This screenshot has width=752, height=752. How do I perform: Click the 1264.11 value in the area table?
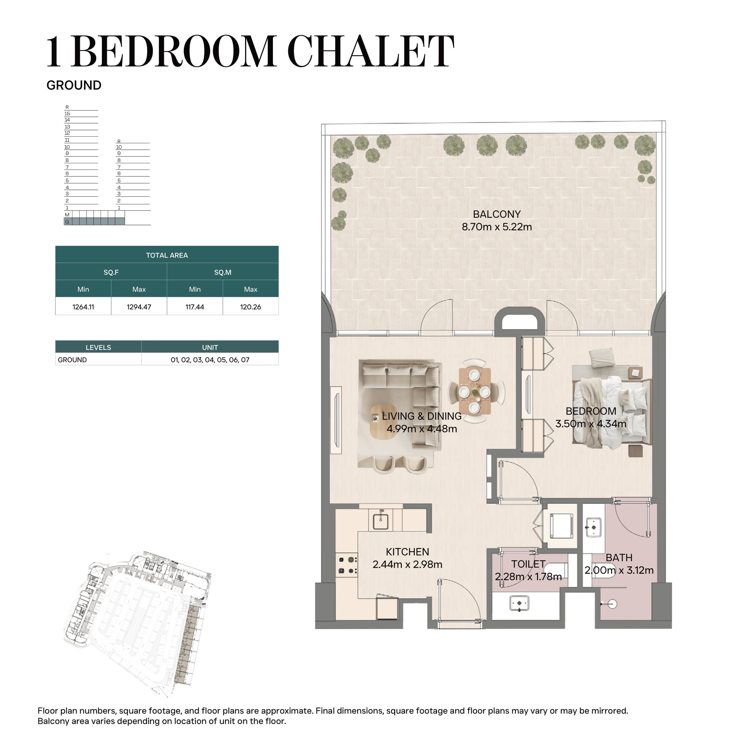pyautogui.click(x=83, y=307)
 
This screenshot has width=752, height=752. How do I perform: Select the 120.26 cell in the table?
pyautogui.click(x=251, y=307)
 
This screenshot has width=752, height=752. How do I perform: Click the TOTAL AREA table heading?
pyautogui.click(x=167, y=255)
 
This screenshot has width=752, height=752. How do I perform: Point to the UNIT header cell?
pyautogui.click(x=210, y=347)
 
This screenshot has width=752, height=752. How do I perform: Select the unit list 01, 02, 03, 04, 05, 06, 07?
pyautogui.click(x=210, y=360)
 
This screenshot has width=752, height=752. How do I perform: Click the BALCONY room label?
pyautogui.click(x=497, y=214)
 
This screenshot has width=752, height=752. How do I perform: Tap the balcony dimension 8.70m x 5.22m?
pyautogui.click(x=497, y=227)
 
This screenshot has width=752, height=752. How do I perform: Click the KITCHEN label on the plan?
pyautogui.click(x=408, y=551)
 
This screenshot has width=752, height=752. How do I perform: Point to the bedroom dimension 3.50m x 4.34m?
pyautogui.click(x=591, y=424)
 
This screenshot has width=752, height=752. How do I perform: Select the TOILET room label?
pyautogui.click(x=528, y=564)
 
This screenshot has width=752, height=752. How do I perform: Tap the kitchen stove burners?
pyautogui.click(x=347, y=566)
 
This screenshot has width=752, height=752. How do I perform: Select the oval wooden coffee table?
pyautogui.click(x=384, y=421)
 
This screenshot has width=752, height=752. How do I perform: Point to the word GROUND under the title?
pyautogui.click(x=74, y=85)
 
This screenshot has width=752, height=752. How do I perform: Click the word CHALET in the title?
pyautogui.click(x=371, y=51)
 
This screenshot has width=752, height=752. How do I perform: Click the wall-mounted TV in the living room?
pyautogui.click(x=336, y=420)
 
